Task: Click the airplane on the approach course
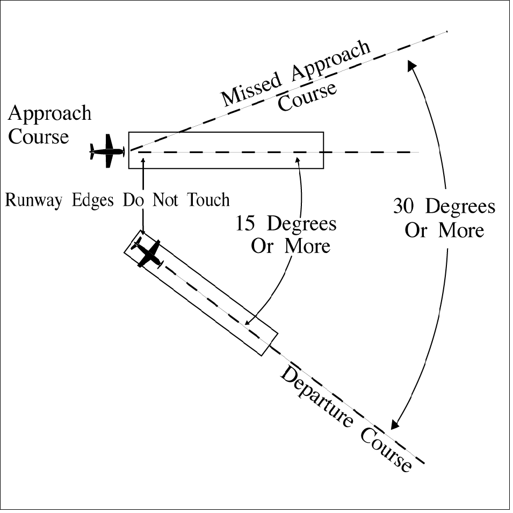[x=107, y=151]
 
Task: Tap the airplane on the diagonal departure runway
[x=148, y=254]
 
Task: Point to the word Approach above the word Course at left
[x=50, y=114]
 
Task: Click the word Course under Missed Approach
[x=307, y=98]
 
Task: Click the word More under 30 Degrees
[x=461, y=230]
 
